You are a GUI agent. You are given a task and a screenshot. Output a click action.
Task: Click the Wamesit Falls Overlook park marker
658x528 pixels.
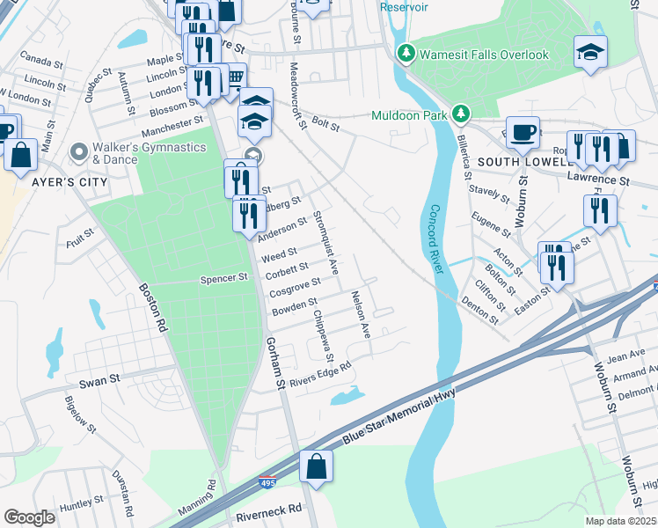click(406, 55)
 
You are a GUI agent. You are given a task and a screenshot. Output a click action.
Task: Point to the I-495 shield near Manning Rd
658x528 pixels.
click(269, 483)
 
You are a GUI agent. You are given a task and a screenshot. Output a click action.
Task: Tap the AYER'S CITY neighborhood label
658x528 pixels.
click(69, 182)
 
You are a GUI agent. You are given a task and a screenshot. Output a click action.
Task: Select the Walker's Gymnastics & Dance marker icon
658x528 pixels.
click(79, 153)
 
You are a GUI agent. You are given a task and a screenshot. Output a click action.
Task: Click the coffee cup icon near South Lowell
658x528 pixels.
click(523, 132)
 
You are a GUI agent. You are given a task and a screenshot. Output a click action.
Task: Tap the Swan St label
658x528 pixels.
click(99, 381)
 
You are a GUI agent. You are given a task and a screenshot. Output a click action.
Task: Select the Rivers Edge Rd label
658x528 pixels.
click(321, 374)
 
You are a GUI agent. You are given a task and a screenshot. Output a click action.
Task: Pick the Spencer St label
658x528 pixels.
click(225, 278)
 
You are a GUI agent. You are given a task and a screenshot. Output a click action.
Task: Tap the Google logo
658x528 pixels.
click(29, 517)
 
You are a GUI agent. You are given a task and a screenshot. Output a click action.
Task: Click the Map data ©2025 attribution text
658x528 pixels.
click(620, 521)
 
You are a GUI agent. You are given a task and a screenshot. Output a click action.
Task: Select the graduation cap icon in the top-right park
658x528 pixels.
click(590, 52)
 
